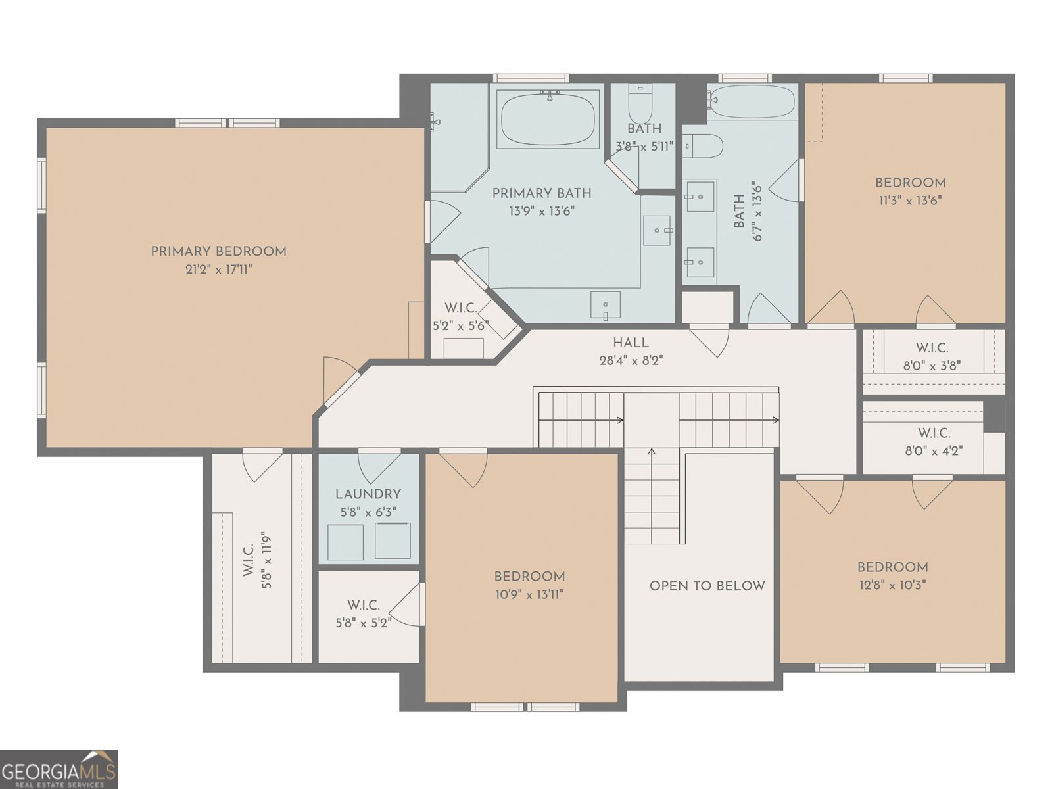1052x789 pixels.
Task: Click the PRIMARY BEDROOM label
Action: pos(218,252)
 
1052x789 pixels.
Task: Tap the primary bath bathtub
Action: pos(548,119)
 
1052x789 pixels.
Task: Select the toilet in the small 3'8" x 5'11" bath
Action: pos(640,103)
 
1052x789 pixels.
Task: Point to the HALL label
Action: pos(631,343)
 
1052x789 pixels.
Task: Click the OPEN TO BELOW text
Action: pos(707,585)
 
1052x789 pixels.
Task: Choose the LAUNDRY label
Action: pos(368,494)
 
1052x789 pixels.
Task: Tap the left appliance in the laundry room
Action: pos(345,542)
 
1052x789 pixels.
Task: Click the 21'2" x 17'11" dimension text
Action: pos(218,269)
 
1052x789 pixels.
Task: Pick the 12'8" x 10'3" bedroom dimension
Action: pos(892,585)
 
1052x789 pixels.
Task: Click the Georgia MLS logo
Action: pos(59,769)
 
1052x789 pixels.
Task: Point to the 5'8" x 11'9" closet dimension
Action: pos(267,561)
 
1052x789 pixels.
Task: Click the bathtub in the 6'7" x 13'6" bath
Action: pos(752,101)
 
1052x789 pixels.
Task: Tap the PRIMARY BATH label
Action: pos(542,193)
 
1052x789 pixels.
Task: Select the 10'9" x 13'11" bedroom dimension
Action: pos(529,594)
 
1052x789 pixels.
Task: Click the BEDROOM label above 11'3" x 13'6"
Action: pos(910,183)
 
